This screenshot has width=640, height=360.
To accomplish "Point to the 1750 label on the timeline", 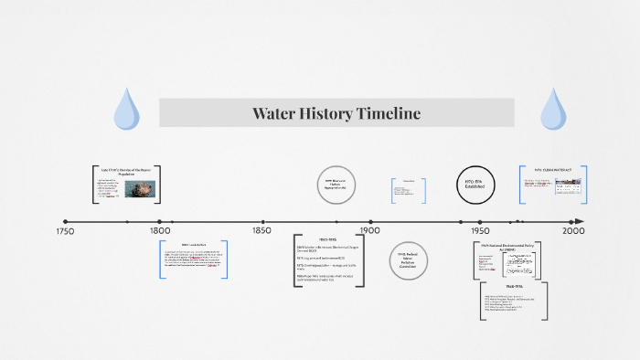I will [65, 232].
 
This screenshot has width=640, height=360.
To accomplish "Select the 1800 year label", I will [159, 232].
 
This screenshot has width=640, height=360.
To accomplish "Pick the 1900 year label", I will [370, 232].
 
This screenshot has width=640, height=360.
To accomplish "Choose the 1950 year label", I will [479, 232].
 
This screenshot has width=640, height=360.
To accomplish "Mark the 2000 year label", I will [573, 232].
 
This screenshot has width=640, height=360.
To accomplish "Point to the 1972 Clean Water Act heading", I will [552, 169].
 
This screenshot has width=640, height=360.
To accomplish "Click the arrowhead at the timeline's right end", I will [579, 221].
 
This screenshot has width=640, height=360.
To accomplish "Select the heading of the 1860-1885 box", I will [328, 239].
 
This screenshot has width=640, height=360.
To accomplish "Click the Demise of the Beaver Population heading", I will [125, 171].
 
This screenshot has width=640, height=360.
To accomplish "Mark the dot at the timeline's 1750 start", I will [66, 221].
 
